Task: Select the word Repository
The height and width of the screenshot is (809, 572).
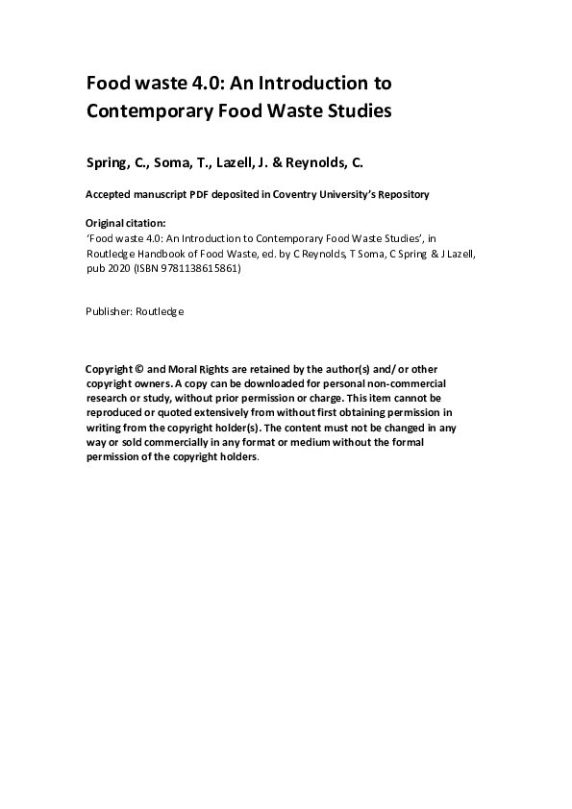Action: point(397,194)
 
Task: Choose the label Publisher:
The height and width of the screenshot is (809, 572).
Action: point(110,311)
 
